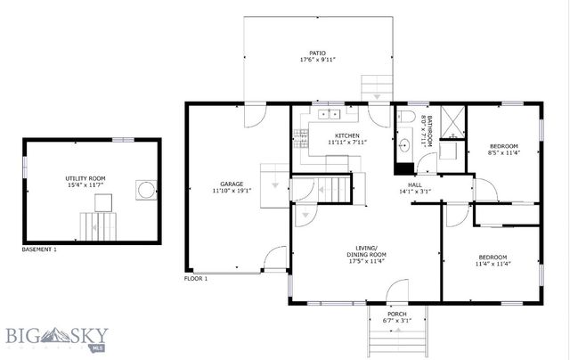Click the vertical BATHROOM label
428,131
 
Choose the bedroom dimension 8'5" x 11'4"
503,152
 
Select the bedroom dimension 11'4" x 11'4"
492,263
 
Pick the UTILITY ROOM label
85,178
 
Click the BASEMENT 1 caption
38,250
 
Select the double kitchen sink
326,114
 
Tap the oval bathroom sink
404,143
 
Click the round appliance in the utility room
143,190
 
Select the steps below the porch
397,339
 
